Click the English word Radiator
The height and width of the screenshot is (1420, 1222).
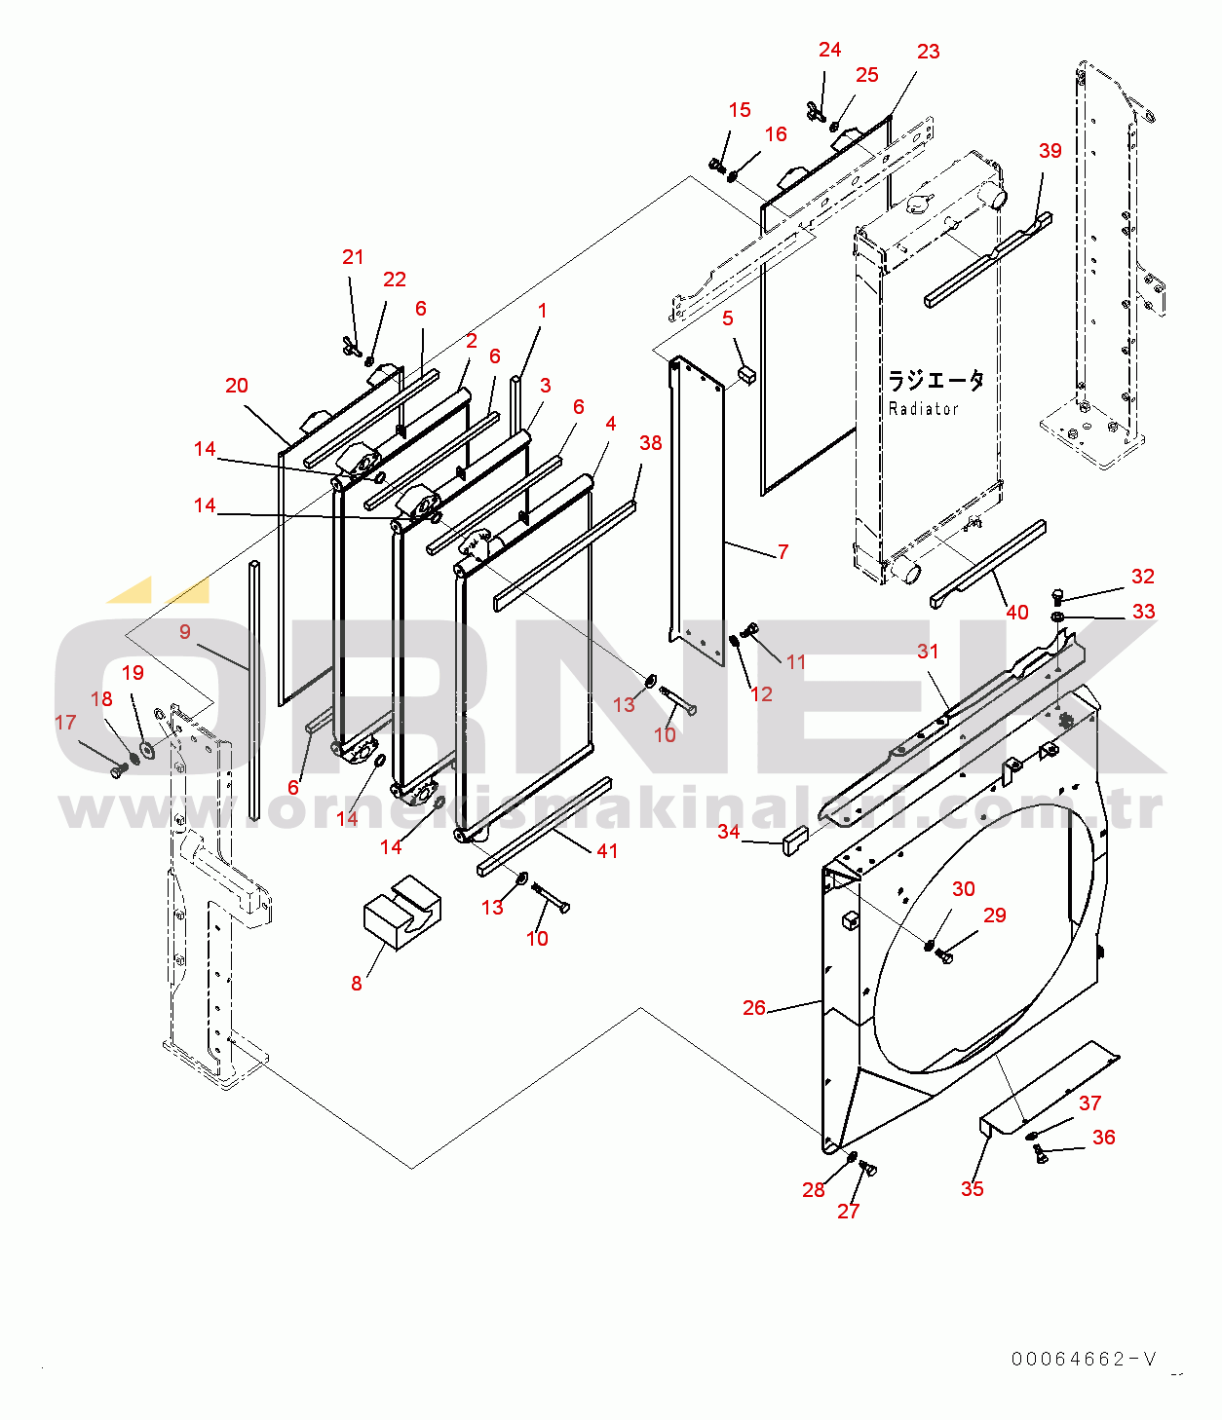923,409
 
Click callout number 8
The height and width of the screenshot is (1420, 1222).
357,984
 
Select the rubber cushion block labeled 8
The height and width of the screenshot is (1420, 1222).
402,914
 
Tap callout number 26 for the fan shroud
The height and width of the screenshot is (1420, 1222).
754,1008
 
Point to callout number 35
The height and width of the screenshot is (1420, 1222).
972,1188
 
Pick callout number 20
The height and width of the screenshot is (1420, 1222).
237,386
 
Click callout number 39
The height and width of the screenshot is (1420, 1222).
1050,151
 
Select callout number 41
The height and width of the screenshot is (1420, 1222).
607,851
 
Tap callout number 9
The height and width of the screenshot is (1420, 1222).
185,632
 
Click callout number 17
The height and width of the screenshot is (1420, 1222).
65,723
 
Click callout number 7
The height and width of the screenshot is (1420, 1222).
783,552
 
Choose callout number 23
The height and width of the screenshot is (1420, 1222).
928,52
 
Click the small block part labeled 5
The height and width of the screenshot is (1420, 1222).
747,375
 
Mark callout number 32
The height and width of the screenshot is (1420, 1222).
1142,577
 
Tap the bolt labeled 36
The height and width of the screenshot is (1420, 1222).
1040,1154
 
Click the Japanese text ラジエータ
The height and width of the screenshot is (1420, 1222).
936,380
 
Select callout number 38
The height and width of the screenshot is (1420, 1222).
651,443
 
